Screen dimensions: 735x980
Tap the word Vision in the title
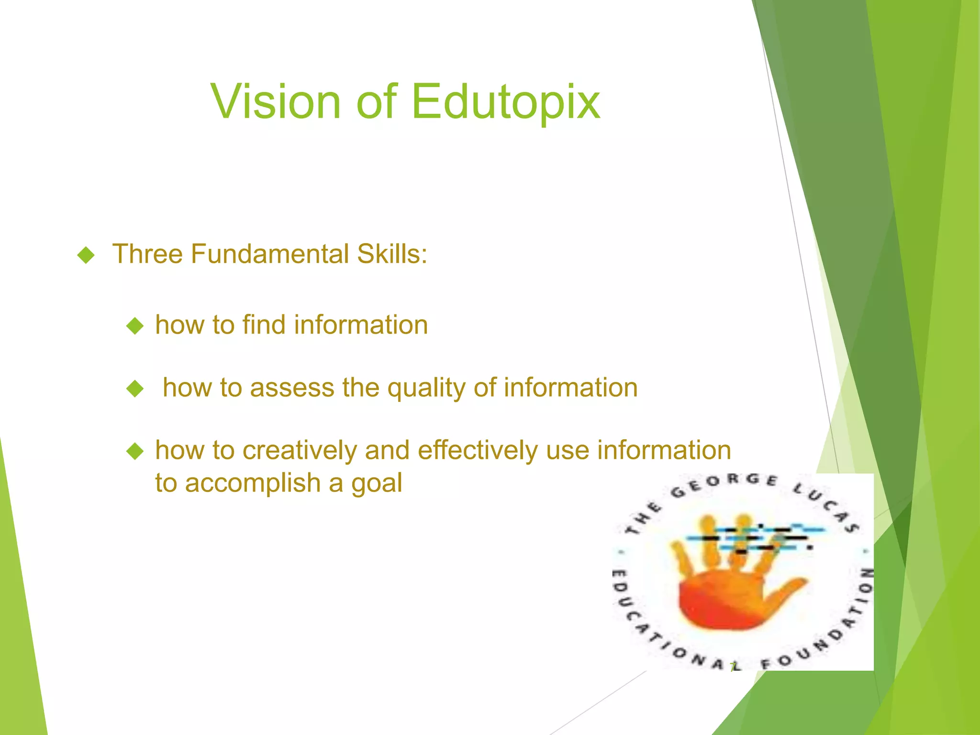(275, 101)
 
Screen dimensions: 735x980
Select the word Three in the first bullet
(147, 254)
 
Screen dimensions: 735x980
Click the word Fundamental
(269, 254)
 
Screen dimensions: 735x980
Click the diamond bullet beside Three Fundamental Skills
(86, 255)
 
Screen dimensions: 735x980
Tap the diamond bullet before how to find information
(135, 326)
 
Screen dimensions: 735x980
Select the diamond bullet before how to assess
(135, 389)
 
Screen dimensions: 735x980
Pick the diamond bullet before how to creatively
(135, 451)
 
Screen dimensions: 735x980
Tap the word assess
(292, 388)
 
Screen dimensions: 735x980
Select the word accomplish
(253, 483)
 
